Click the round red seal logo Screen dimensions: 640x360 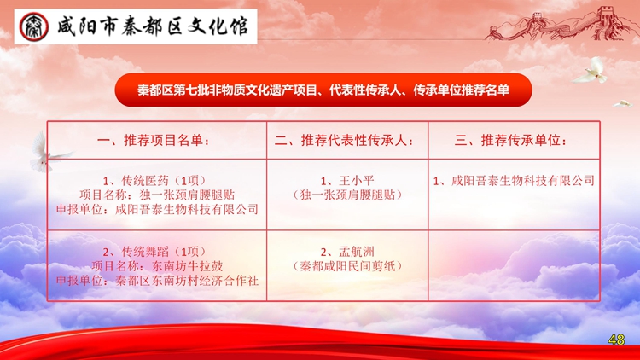pyautogui.click(x=34, y=27)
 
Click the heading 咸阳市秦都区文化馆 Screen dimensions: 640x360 pyautogui.click(x=152, y=27)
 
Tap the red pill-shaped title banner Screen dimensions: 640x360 pyautogui.click(x=323, y=90)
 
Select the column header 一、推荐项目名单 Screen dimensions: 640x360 pyautogui.click(x=153, y=141)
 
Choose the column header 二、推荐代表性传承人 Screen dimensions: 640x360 pyautogui.click(x=344, y=141)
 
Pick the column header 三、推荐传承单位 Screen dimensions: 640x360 pyautogui.click(x=511, y=141)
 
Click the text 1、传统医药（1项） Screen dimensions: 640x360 pyautogui.click(x=154, y=181)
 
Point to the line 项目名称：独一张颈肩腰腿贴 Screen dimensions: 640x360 pyautogui.click(x=157, y=195)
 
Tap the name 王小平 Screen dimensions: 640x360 pyautogui.click(x=357, y=181)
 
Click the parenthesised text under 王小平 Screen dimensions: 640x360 pyautogui.click(x=347, y=195)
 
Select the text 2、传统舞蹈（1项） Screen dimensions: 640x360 pyautogui.click(x=154, y=252)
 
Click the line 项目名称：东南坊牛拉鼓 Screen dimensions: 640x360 pyautogui.click(x=157, y=266)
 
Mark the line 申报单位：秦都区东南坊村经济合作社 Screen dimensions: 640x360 pyautogui.click(x=157, y=281)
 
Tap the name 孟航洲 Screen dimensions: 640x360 pyautogui.click(x=357, y=252)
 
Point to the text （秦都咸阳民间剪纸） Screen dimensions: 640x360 pyautogui.click(x=347, y=266)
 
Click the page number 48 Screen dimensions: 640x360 pyautogui.click(x=616, y=340)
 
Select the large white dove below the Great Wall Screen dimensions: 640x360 pyautogui.click(x=591, y=71)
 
